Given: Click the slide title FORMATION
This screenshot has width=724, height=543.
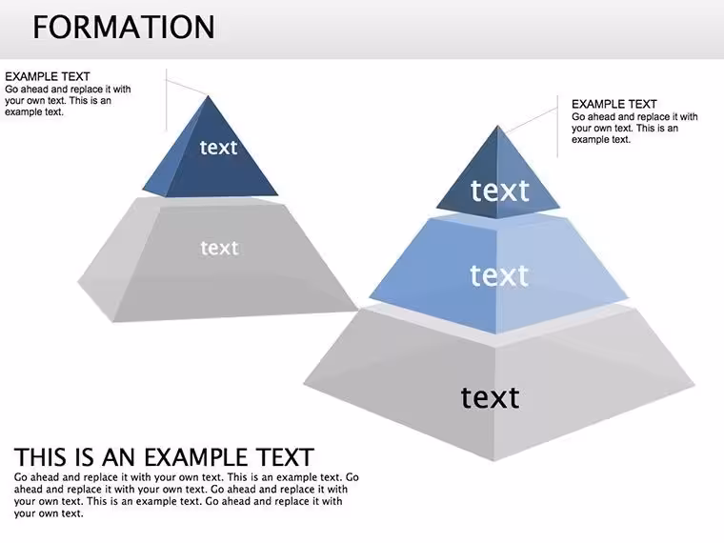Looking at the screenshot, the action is pyautogui.click(x=124, y=27).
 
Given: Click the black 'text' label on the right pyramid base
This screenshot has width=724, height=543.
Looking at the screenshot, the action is pyautogui.click(x=490, y=397).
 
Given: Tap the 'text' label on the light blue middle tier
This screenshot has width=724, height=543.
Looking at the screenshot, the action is pyautogui.click(x=499, y=275).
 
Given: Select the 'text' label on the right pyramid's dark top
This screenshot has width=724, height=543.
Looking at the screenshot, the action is pyautogui.click(x=499, y=191).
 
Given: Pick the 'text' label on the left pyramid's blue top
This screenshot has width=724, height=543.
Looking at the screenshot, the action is pyautogui.click(x=218, y=148).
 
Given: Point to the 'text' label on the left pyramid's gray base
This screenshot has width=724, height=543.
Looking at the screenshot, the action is pyautogui.click(x=220, y=248).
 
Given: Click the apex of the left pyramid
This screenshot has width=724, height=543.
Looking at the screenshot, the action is pyautogui.click(x=209, y=96).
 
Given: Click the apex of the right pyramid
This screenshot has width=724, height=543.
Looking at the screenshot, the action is pyautogui.click(x=497, y=126).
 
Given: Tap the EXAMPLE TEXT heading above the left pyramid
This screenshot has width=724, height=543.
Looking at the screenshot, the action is pyautogui.click(x=47, y=76).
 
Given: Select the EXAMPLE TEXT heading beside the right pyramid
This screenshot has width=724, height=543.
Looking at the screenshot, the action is pyautogui.click(x=614, y=104).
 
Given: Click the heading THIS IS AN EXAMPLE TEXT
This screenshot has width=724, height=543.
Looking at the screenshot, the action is pyautogui.click(x=164, y=457).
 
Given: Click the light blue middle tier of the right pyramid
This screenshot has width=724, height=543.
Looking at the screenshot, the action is pyautogui.click(x=498, y=273).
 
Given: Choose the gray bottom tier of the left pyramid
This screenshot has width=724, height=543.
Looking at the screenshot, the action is pyautogui.click(x=217, y=258).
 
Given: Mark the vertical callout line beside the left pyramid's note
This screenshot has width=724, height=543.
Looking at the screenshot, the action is pyautogui.click(x=166, y=100).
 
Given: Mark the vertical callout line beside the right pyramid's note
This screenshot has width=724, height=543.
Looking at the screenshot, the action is pyautogui.click(x=558, y=127).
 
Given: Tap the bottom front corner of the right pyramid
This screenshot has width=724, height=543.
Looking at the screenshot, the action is pyautogui.click(x=494, y=460).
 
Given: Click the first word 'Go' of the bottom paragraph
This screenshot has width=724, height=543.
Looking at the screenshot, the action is pyautogui.click(x=20, y=477).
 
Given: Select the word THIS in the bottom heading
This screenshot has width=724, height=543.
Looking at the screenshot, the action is pyautogui.click(x=38, y=457).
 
